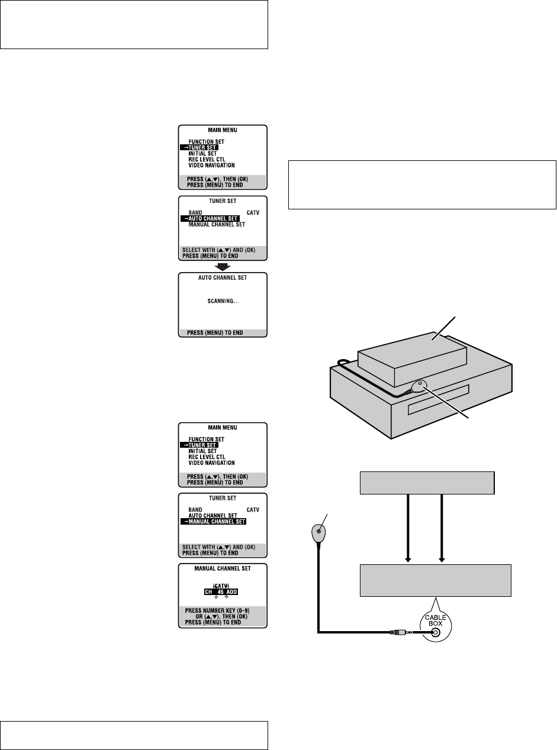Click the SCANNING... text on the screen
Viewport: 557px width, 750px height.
point(223,301)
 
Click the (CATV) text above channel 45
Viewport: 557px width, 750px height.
point(223,584)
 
